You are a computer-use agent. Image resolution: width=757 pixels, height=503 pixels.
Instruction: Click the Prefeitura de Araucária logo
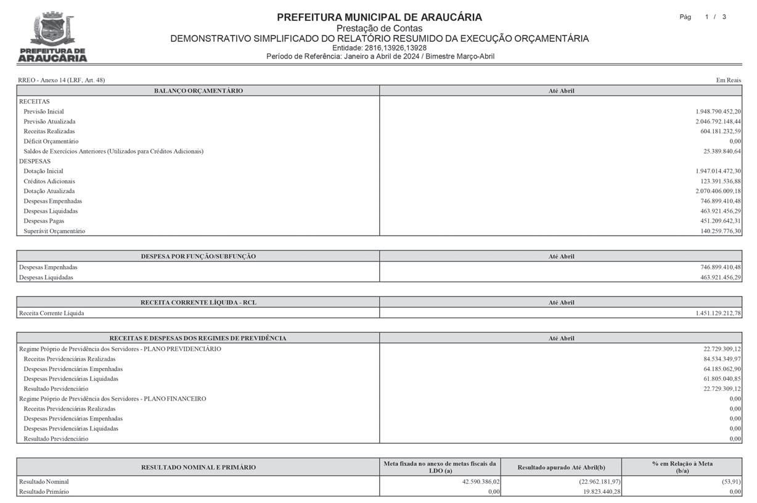click(x=52, y=38)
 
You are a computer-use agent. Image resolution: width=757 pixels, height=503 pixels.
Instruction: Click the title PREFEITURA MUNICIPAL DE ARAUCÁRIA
click(x=379, y=17)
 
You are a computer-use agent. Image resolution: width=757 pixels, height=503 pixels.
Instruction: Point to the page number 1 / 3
click(x=715, y=17)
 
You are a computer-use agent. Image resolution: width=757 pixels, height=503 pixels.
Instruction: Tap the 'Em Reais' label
click(x=728, y=80)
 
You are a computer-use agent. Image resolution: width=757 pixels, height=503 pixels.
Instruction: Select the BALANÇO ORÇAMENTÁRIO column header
click(x=198, y=91)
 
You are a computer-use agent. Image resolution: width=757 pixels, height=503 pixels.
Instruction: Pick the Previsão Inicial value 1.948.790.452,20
click(x=718, y=112)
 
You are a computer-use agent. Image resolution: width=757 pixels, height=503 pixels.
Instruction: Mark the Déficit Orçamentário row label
click(x=51, y=141)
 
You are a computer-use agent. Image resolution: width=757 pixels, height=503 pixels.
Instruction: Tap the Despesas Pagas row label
click(x=44, y=221)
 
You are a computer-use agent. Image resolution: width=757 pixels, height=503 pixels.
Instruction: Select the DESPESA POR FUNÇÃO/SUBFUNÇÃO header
click(x=198, y=256)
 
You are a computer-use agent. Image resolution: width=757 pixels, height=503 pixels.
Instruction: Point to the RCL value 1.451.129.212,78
click(x=718, y=313)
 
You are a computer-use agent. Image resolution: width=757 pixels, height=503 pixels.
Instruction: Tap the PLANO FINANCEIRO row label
click(x=113, y=399)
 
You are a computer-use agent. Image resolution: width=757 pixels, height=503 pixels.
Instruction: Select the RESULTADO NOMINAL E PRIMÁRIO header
click(x=198, y=467)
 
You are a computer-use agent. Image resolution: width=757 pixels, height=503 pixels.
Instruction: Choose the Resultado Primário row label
click(x=44, y=492)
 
